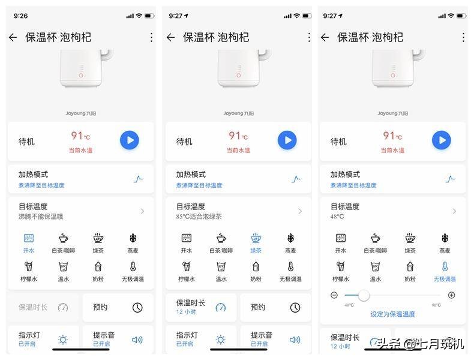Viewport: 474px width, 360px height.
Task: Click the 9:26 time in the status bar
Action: pos(21,15)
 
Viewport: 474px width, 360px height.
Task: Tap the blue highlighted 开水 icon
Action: pos(29,238)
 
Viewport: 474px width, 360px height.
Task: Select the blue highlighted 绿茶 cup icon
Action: pos(256,238)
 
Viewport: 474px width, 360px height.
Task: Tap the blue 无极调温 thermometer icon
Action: pos(445,266)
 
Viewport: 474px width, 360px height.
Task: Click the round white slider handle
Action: pos(364,295)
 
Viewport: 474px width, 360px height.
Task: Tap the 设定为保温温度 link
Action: pos(392,314)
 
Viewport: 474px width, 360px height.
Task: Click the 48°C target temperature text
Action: pos(337,217)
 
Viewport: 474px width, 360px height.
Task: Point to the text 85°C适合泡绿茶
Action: pos(199,217)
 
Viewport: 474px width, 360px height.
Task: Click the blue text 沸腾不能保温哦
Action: pos(41,217)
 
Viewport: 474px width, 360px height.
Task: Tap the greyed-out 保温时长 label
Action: pos(33,307)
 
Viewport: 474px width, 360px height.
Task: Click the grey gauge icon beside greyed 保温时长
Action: pos(63,308)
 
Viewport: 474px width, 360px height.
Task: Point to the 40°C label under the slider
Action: pos(349,305)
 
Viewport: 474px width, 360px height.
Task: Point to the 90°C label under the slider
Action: pos(436,305)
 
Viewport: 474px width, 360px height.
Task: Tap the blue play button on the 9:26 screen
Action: pos(129,140)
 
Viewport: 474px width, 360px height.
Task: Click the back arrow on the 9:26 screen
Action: pos(13,37)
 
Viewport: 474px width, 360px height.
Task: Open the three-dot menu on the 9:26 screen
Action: pos(151,37)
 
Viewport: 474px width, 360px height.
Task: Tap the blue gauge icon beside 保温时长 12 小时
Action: pos(221,308)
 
